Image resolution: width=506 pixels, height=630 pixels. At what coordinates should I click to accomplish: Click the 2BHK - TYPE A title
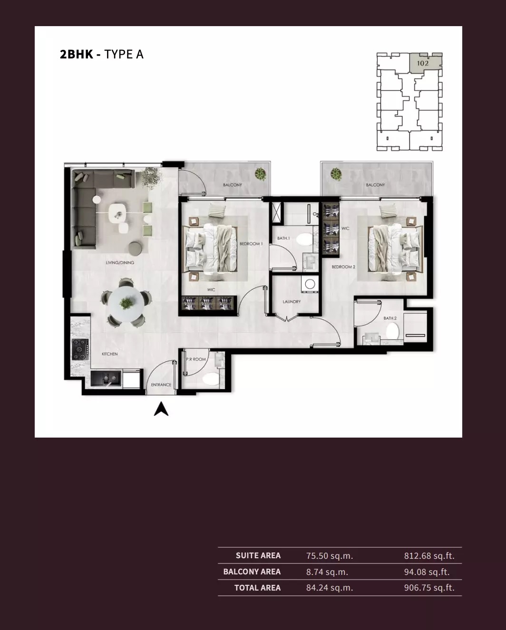pos(101,54)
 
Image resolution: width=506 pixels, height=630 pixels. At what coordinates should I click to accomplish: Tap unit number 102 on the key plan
pos(423,63)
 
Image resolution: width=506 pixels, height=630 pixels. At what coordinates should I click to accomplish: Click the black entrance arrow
pos(161,409)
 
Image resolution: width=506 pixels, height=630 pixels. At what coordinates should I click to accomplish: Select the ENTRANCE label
pos(161,385)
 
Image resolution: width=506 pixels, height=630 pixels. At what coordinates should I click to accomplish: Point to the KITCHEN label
pos(109,354)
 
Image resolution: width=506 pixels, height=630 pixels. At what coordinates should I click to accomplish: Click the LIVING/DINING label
pos(120,263)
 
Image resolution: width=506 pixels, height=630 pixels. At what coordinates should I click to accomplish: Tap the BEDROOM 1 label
pos(251,244)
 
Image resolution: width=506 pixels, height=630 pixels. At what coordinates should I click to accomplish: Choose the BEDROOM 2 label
pos(343,267)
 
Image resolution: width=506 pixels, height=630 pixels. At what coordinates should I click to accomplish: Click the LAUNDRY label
pos(292,302)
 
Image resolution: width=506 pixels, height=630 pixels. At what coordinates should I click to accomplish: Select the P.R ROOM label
pos(196,360)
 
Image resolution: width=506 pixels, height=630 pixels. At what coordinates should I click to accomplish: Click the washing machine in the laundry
pos(310,284)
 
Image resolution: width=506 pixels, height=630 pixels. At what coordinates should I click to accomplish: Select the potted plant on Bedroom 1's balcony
pos(260,174)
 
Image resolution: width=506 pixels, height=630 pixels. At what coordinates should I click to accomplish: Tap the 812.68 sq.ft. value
pos(429,556)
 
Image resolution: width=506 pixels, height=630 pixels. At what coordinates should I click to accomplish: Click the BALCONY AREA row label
pos(252,572)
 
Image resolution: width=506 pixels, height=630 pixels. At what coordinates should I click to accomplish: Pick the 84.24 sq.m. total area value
pos(330,588)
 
